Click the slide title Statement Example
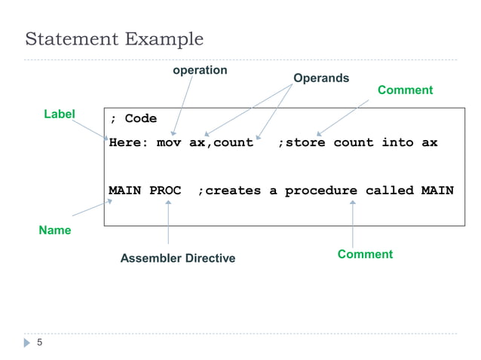(115, 38)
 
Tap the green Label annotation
(59, 114)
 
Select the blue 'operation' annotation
(200, 70)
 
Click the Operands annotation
(320, 78)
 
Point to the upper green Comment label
(405, 90)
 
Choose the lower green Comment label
(365, 254)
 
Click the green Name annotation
(55, 230)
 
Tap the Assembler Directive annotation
(178, 258)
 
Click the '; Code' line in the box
(133, 119)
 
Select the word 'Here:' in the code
(128, 142)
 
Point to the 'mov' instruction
(169, 142)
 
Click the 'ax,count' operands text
(221, 142)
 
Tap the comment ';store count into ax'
(357, 142)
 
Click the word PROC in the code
(165, 191)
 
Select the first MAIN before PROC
(125, 191)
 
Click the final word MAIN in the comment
(437, 191)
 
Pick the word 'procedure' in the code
(320, 191)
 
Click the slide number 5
(40, 343)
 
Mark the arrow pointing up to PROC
(167, 223)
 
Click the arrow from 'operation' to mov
(182, 105)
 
